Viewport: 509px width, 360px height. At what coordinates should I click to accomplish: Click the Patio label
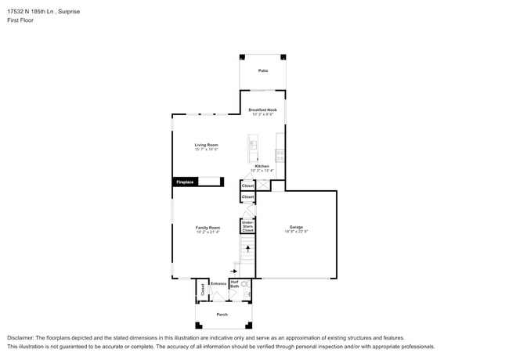tap(263, 70)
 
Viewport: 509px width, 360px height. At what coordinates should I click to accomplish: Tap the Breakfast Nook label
tap(263, 110)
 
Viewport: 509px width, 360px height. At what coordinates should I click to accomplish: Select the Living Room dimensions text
tap(207, 149)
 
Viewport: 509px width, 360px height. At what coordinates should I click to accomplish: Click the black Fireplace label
tap(185, 182)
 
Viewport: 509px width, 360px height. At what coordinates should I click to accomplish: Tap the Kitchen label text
tap(262, 166)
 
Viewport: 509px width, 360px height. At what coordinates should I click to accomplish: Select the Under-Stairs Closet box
tap(247, 227)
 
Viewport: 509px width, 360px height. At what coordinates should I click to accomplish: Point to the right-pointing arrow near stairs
tap(234, 272)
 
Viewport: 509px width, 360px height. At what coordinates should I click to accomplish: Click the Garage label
tap(296, 228)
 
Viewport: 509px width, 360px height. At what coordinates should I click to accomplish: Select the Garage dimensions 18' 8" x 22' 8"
tap(296, 232)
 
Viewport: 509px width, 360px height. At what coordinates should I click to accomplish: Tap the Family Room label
tap(208, 228)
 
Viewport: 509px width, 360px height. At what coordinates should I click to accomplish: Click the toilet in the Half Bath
tap(244, 283)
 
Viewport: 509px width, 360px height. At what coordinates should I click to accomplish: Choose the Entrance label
tap(218, 283)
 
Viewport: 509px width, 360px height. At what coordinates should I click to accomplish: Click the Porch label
tap(223, 314)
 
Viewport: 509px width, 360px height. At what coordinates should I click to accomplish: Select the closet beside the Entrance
tap(202, 289)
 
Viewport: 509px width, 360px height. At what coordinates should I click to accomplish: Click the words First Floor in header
tap(23, 21)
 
